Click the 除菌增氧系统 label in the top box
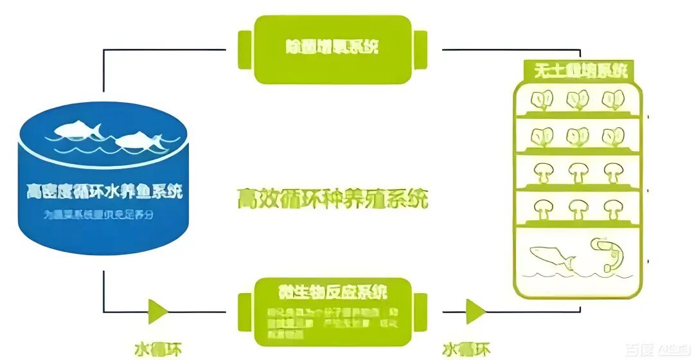332,48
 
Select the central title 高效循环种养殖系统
332,198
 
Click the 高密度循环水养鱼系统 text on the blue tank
104,192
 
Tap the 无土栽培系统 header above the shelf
580,70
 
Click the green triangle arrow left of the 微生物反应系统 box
157,312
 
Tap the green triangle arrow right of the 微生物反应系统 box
476,312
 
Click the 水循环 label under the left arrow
158,349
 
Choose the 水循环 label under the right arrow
467,349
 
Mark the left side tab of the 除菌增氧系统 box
245,49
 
